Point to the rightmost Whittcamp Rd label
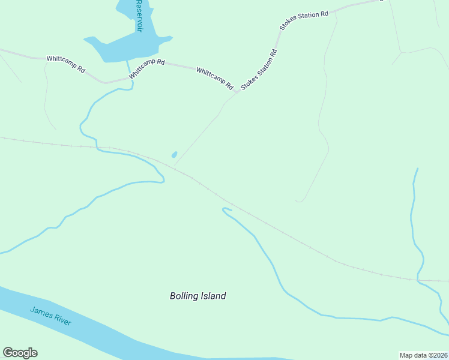(214, 79)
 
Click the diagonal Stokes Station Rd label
(259, 70)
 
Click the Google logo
(20, 353)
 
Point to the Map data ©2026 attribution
(423, 355)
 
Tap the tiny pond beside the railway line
(174, 155)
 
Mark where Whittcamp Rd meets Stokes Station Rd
(236, 94)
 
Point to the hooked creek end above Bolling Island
(223, 209)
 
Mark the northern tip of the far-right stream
(417, 169)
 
